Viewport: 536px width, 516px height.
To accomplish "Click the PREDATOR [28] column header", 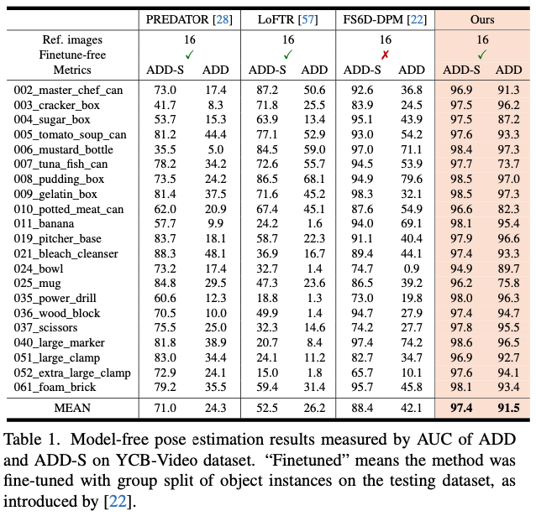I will [189, 18].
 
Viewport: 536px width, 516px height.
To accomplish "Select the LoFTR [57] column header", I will [288, 18].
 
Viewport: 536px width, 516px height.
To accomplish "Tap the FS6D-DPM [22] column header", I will [386, 18].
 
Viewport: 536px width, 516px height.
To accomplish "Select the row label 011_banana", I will [44, 223].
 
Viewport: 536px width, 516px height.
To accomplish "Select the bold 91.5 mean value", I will [509, 409].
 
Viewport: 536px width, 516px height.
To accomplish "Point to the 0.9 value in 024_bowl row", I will [412, 268].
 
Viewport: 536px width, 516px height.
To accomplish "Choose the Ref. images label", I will [72, 39].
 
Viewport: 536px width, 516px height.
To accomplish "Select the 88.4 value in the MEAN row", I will [361, 409].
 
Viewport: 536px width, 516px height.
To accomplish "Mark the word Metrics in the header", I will [72, 70].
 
